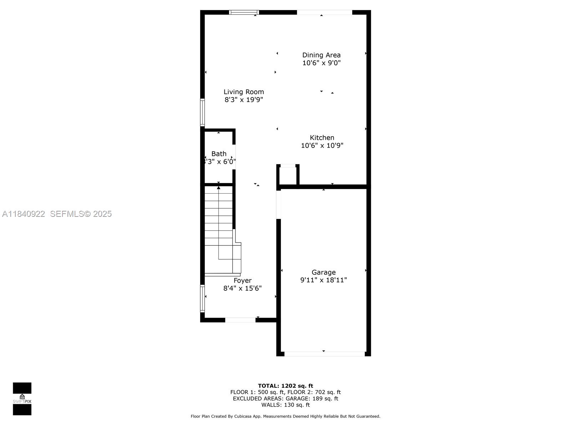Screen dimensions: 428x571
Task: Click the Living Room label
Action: tap(244, 92)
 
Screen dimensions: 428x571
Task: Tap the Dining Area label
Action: tap(321, 55)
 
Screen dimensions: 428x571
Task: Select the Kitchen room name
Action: tap(322, 138)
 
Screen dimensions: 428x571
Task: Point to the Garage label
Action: tap(323, 272)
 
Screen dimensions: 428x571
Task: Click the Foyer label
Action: tap(242, 281)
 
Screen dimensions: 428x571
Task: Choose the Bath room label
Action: tap(219, 154)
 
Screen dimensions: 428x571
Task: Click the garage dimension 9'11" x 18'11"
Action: tap(323, 280)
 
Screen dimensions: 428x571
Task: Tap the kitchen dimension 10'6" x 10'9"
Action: tap(322, 146)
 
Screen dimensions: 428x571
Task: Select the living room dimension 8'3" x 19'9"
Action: tap(244, 100)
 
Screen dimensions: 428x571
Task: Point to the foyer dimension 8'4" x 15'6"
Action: tap(242, 289)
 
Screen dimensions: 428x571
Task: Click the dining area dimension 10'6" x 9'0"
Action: tap(321, 63)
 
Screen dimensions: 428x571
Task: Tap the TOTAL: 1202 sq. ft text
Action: tap(285, 386)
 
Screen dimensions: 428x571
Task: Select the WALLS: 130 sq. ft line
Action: tap(285, 405)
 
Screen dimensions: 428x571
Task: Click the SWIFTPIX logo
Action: tap(22, 399)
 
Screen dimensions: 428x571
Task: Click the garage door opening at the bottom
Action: tap(324, 354)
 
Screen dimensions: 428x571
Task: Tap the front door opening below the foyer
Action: tap(240, 320)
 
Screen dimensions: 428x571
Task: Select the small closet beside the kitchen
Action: tap(288, 175)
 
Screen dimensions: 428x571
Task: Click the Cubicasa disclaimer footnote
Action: tap(285, 416)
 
